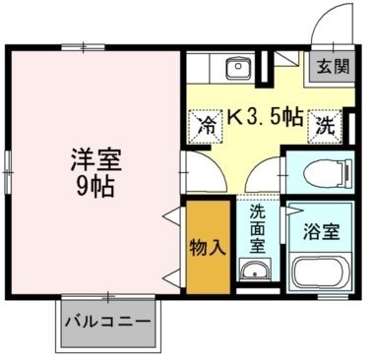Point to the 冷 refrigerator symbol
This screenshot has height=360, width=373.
pos(206,125)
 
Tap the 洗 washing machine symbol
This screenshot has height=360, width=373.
pos(324,125)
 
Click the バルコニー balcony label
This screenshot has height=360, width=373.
pos(108,322)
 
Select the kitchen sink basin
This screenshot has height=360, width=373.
pos(237,68)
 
